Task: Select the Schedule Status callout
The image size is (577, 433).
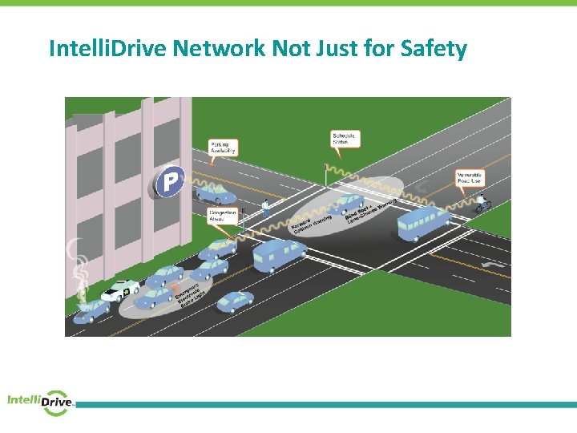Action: pyautogui.click(x=344, y=139)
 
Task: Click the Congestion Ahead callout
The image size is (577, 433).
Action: pyautogui.click(x=222, y=216)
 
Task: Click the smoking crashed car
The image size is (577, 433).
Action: pyautogui.click(x=91, y=310)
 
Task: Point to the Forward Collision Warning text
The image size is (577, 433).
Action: pyautogui.click(x=313, y=223)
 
